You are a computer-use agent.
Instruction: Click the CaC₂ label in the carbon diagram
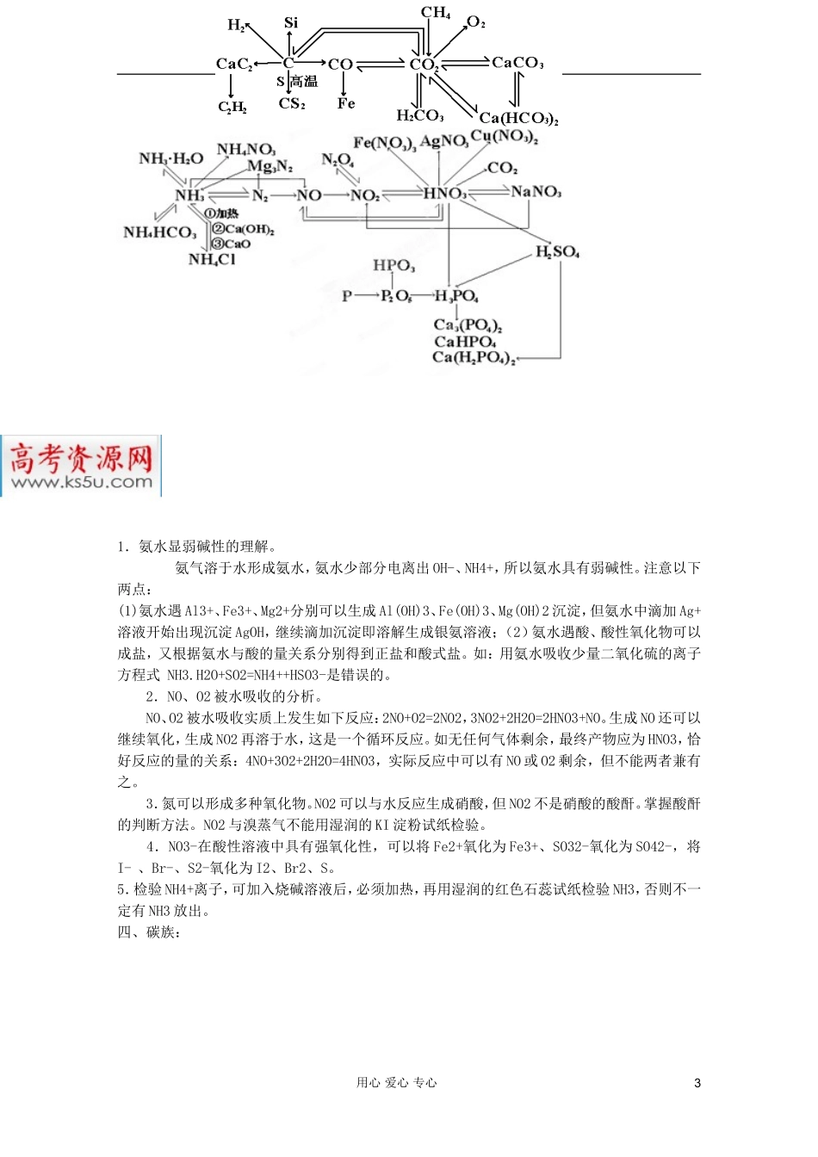[x=233, y=64]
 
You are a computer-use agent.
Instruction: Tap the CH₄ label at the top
[x=436, y=13]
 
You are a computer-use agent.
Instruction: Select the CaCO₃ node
[x=517, y=63]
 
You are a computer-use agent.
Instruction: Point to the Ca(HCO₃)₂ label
[x=518, y=118]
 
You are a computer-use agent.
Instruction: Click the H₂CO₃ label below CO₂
[x=419, y=115]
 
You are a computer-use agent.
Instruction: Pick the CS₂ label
[x=292, y=104]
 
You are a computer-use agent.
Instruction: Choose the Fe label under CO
[x=346, y=103]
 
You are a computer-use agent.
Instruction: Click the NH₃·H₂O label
[x=170, y=158]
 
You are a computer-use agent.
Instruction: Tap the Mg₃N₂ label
[x=270, y=165]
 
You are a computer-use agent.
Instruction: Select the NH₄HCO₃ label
[x=159, y=232]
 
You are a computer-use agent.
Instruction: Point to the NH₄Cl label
[x=211, y=259]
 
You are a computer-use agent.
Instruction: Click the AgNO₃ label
[x=443, y=141]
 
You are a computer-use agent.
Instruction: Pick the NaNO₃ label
[x=536, y=191]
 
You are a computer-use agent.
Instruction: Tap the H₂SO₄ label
[x=557, y=251]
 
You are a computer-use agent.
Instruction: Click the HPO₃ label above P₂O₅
[x=394, y=265]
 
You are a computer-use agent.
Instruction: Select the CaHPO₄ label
[x=464, y=342]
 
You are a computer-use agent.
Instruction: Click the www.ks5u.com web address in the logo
[x=82, y=482]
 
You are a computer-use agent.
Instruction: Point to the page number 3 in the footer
[x=697, y=1083]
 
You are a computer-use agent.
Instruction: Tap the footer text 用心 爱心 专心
[x=396, y=1083]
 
